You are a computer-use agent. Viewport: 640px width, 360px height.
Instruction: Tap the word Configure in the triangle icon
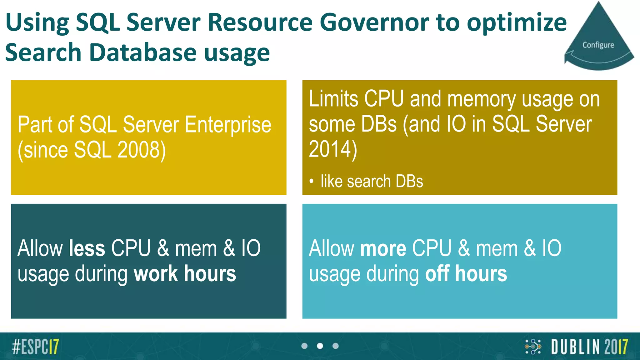tap(598, 45)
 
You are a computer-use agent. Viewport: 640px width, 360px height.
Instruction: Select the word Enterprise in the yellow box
tap(228, 125)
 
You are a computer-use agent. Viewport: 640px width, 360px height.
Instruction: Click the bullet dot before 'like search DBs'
tap(311, 181)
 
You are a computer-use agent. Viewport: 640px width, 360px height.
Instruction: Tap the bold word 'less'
tap(87, 248)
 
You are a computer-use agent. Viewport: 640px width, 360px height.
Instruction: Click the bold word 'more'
tap(383, 248)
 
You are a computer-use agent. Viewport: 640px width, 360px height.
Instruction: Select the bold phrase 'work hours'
tap(185, 274)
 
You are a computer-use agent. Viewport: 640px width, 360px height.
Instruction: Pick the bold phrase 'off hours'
tap(466, 274)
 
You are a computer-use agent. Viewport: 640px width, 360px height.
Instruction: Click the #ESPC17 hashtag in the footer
tap(35, 347)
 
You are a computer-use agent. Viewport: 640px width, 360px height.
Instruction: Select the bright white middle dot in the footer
tap(320, 346)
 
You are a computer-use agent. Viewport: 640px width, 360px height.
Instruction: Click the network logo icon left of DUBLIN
tap(533, 347)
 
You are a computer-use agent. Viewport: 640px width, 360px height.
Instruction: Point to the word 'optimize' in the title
tap(517, 22)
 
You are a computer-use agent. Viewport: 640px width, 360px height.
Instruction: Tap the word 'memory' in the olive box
tap(481, 99)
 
